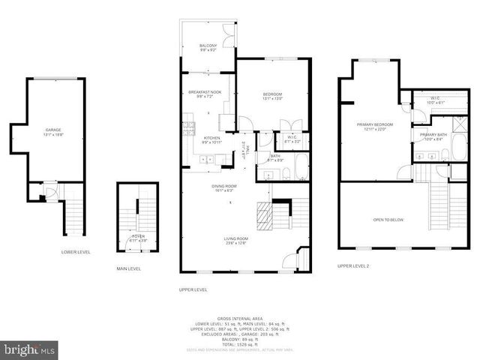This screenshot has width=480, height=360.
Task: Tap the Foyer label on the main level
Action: click(x=139, y=238)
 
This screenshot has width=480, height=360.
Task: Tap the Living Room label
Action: click(x=235, y=240)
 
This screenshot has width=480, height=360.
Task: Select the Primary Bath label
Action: click(x=433, y=136)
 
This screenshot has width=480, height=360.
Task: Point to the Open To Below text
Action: click(x=388, y=220)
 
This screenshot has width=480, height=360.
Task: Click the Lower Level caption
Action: click(x=76, y=252)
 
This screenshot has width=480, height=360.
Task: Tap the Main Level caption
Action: click(x=128, y=268)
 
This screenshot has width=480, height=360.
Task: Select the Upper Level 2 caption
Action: click(x=353, y=265)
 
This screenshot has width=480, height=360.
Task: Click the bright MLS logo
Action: click(x=29, y=349)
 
